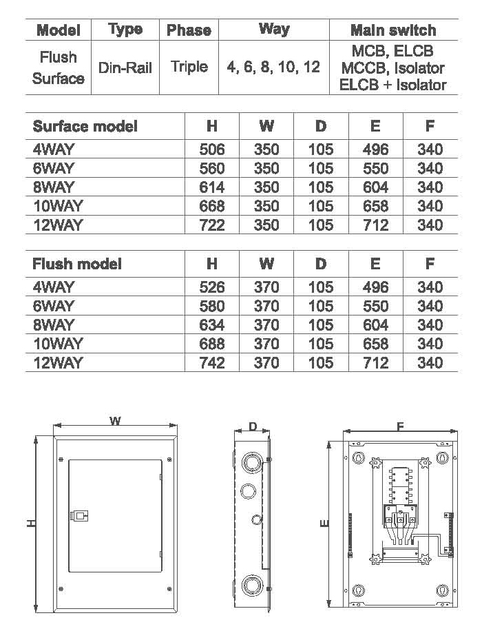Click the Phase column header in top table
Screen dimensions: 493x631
pyautogui.click(x=189, y=30)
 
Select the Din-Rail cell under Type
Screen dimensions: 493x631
pyautogui.click(x=125, y=68)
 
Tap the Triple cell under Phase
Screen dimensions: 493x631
pyautogui.click(x=189, y=67)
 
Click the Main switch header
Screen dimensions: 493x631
pyautogui.click(x=393, y=30)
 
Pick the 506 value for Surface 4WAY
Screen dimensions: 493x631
pyautogui.click(x=212, y=149)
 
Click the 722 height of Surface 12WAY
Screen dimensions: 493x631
pyautogui.click(x=212, y=225)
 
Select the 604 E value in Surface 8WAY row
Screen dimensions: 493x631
pyautogui.click(x=375, y=187)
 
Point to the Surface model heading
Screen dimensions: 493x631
pyautogui.click(x=85, y=126)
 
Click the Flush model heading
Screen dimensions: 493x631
pyautogui.click(x=77, y=264)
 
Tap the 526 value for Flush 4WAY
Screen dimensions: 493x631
pyautogui.click(x=212, y=287)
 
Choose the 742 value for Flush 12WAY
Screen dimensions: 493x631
pyautogui.click(x=212, y=362)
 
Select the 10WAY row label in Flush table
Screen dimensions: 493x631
pyautogui.click(x=58, y=344)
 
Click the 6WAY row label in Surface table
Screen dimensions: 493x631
pyautogui.click(x=54, y=168)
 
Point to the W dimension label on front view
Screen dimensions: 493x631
pyautogui.click(x=115, y=422)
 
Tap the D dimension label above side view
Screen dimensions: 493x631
pyautogui.click(x=253, y=426)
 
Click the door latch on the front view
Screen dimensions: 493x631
pyautogui.click(x=78, y=516)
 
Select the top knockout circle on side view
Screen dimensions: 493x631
pyautogui.click(x=252, y=462)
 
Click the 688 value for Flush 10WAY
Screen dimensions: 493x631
pyautogui.click(x=212, y=344)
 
